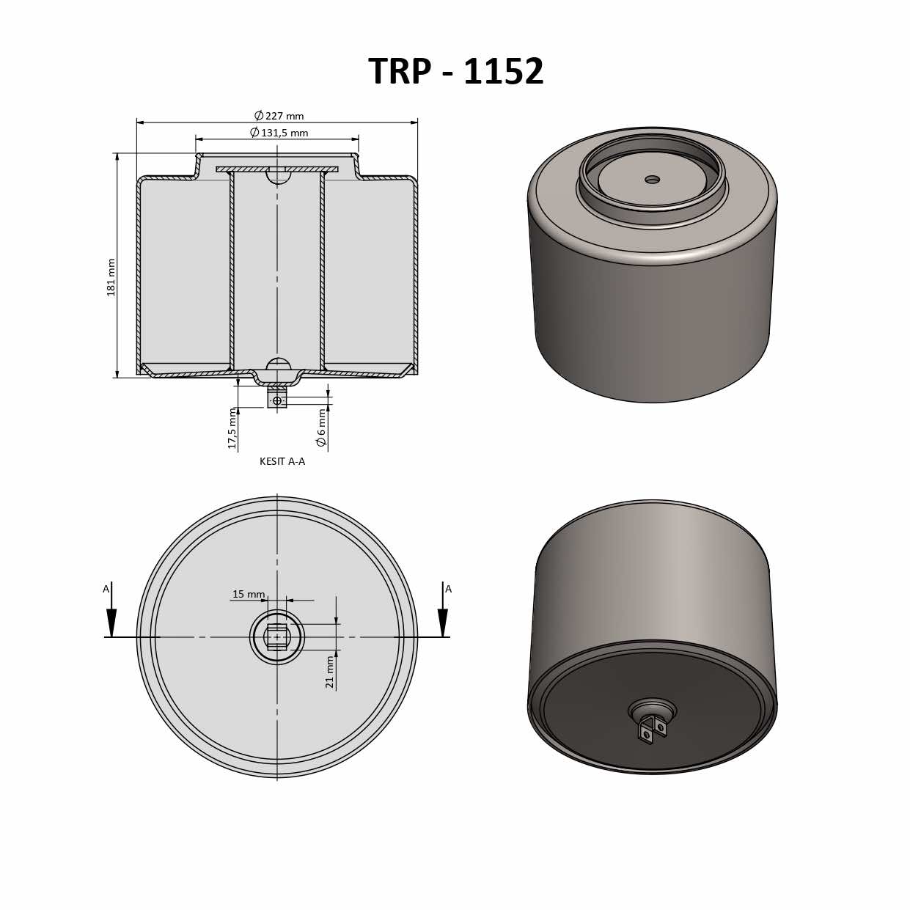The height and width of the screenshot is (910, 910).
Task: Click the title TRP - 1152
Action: (455, 72)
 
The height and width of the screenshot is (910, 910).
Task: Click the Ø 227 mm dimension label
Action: (279, 116)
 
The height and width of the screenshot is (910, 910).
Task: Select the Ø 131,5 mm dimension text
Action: (279, 133)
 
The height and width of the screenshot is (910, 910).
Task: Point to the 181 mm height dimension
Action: (111, 277)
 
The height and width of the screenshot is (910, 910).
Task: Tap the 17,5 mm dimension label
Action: (232, 428)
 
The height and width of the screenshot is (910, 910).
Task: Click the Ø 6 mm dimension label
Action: (321, 428)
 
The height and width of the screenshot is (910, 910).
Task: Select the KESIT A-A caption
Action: (282, 461)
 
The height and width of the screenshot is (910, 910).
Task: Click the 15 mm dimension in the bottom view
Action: (249, 594)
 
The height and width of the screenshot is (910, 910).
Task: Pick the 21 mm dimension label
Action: (330, 672)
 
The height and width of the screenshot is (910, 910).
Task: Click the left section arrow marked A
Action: (111, 622)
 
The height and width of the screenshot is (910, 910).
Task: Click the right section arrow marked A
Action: (443, 622)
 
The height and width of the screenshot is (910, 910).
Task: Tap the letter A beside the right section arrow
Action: (448, 589)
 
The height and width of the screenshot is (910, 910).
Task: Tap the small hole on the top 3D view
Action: (652, 180)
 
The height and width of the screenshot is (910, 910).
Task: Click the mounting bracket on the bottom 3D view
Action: (652, 729)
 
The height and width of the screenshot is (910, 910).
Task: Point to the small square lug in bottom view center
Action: (277, 637)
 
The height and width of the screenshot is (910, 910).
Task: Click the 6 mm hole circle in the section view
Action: (277, 400)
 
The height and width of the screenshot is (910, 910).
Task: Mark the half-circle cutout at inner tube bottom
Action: (278, 364)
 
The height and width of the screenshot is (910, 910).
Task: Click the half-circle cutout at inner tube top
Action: (278, 177)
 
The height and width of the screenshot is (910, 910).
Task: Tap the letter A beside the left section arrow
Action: (106, 589)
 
